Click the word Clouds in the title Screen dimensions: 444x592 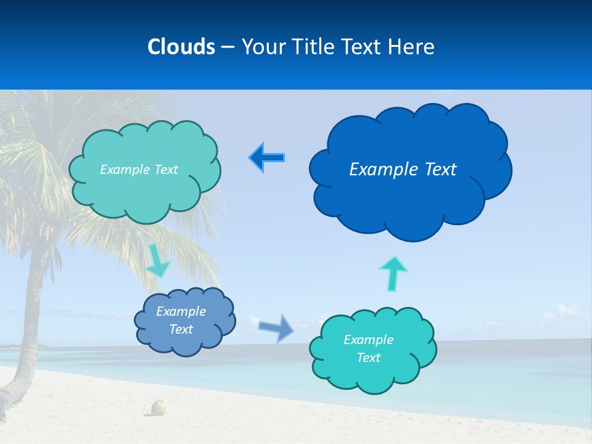(x=181, y=47)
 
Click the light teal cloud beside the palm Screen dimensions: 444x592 (x=145, y=191)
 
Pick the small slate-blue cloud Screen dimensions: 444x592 (x=185, y=342)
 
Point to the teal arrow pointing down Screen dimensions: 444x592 (x=158, y=260)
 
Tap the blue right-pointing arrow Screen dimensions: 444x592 (x=277, y=327)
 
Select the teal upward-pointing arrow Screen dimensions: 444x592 (x=393, y=273)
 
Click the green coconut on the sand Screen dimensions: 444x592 (x=159, y=408)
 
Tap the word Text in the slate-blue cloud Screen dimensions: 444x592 (x=181, y=329)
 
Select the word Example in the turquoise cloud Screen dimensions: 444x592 (x=368, y=340)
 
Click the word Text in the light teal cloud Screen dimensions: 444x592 (x=163, y=170)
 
